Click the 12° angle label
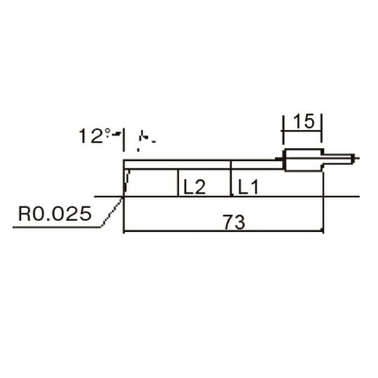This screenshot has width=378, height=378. [x=94, y=136]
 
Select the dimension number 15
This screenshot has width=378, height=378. [x=304, y=121]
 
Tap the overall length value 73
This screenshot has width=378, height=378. [x=234, y=222]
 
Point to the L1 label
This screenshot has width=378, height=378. [x=248, y=187]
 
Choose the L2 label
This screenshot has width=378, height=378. [x=195, y=187]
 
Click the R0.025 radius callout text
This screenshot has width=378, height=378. [x=55, y=214]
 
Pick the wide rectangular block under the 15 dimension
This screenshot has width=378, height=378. [x=304, y=160]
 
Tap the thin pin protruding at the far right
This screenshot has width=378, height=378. [x=339, y=159]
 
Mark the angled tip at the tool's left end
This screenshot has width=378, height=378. [x=126, y=183]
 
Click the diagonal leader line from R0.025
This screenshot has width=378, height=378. [x=112, y=212]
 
